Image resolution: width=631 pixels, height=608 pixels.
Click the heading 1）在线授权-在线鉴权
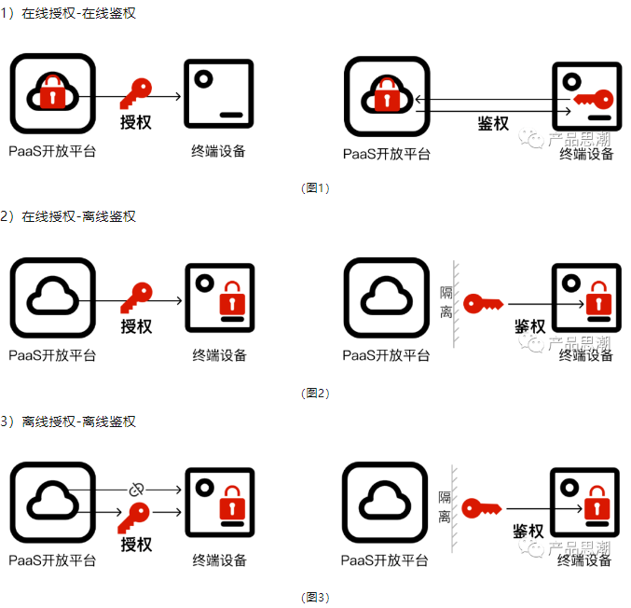(71, 14)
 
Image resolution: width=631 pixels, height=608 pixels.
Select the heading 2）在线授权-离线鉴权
(69, 216)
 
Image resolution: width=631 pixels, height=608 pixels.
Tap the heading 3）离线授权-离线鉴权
(69, 421)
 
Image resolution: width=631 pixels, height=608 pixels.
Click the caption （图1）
(316, 188)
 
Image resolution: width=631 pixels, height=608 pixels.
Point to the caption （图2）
(316, 393)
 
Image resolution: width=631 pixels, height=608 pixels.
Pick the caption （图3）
(316, 598)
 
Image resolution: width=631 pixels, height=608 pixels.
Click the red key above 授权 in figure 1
(138, 94)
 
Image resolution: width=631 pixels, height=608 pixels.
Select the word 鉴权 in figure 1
(493, 123)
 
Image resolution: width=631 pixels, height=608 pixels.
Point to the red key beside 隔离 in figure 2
(483, 303)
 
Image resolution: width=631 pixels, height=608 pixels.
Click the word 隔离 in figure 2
(446, 303)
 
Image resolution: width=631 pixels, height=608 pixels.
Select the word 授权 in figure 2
(137, 326)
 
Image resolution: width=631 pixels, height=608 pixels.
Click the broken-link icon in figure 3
(136, 489)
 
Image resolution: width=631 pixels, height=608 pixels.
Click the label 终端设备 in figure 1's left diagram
(219, 151)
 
